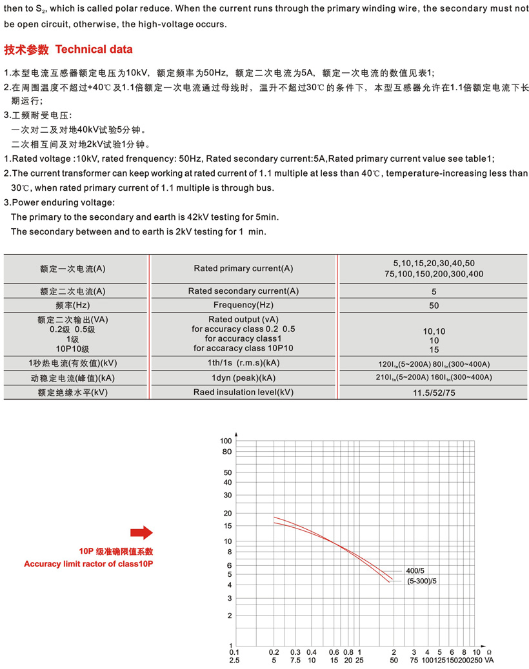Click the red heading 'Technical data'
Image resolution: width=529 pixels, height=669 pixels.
pyautogui.click(x=94, y=50)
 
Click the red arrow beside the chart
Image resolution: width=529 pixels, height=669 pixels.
pyautogui.click(x=141, y=532)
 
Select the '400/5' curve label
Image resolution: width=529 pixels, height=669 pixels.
pyautogui.click(x=416, y=571)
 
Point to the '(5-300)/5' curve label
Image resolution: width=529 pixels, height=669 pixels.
pyautogui.click(x=423, y=581)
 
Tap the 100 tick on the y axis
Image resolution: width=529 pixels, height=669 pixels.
pyautogui.click(x=226, y=441)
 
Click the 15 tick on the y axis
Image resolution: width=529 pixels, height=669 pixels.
pyautogui.click(x=227, y=526)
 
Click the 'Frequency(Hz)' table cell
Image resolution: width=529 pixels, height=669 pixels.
pyautogui.click(x=243, y=305)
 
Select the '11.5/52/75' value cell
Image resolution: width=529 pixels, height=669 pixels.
pyautogui.click(x=434, y=392)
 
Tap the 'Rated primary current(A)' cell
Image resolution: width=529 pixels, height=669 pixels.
pyautogui.click(x=243, y=268)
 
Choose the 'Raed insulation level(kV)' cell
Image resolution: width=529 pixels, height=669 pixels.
pyautogui.click(x=243, y=392)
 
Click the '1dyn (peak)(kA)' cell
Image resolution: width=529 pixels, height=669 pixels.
pyautogui.click(x=243, y=378)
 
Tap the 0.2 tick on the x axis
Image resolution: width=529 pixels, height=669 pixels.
pyautogui.click(x=274, y=652)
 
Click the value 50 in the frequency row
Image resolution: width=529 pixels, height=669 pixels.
pyautogui.click(x=434, y=305)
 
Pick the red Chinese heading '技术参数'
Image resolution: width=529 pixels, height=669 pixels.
pyautogui.click(x=26, y=50)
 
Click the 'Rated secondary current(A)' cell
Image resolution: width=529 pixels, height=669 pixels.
pyautogui.click(x=243, y=291)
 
